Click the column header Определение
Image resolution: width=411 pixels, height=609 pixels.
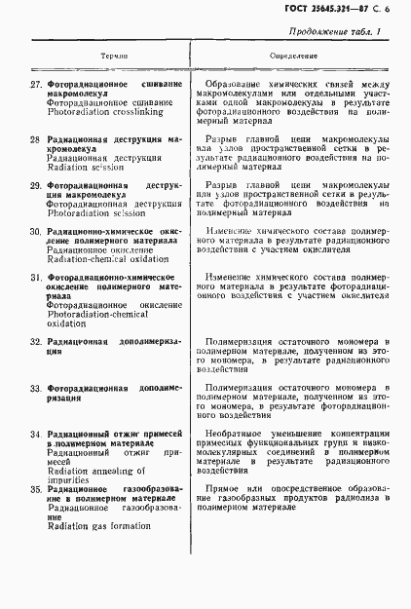(x=293, y=57)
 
